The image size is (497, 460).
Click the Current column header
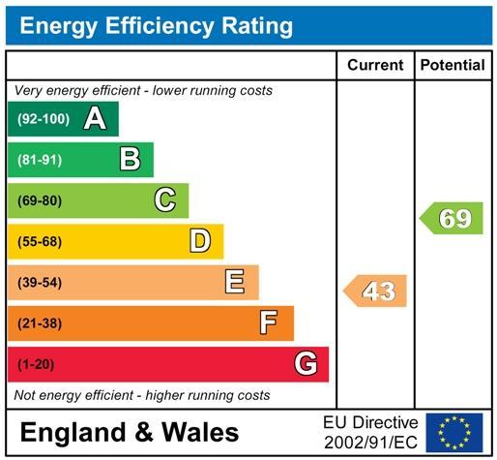coord(375,65)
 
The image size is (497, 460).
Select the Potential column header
coord(453,65)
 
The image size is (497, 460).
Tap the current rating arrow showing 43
coord(375,291)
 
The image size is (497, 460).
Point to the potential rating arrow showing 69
coord(452,218)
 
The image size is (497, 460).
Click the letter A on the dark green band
coord(95,118)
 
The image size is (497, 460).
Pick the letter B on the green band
coord(130,159)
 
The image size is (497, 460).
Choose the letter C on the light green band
coord(165,199)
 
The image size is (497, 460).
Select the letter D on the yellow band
coord(200,241)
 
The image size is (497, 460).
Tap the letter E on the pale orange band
coord(235,282)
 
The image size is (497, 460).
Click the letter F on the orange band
coord(269,322)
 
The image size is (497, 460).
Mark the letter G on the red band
coord(306,363)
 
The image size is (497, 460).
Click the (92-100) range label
coord(44,119)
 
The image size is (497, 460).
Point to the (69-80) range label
coord(40,200)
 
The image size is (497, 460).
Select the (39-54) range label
coord(40,283)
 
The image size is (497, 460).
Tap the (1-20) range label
coord(36,364)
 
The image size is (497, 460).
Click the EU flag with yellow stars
coord(454,433)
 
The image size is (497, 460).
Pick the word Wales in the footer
coord(200,432)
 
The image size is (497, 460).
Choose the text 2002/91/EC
coord(371,443)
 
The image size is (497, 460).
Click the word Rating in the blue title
coord(257,26)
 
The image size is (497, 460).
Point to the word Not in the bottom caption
coord(25,395)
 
